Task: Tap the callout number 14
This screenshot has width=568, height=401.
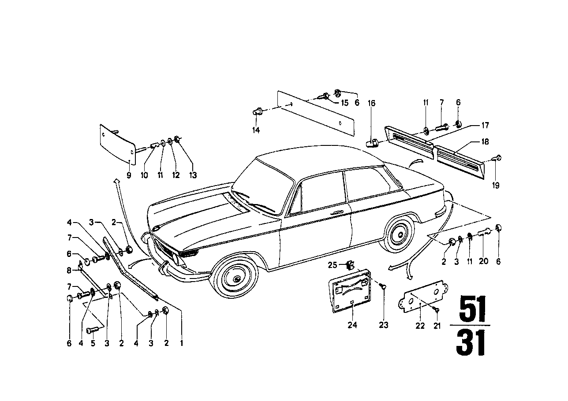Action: pos(256,130)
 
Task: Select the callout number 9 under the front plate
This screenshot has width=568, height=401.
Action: pos(129,175)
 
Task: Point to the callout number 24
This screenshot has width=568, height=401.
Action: pos(352,325)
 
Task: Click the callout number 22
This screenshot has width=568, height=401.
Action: pos(420,325)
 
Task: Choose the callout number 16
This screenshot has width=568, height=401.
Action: pos(372,104)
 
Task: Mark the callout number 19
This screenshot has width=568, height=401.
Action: pos(496,186)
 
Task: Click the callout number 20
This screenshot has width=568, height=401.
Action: pos(484,261)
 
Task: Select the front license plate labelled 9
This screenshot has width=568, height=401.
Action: pos(116,143)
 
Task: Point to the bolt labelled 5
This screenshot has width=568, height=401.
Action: pos(93,330)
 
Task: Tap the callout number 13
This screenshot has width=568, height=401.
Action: pos(191,175)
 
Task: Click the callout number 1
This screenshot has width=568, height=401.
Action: pos(182,342)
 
